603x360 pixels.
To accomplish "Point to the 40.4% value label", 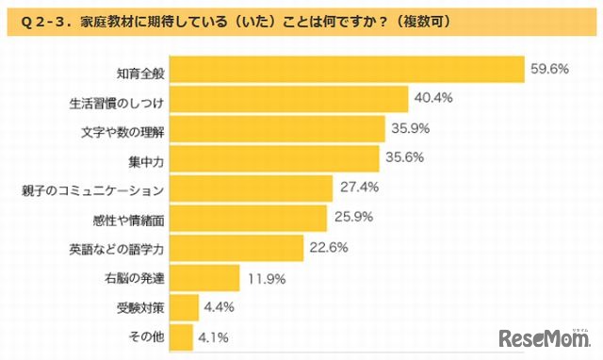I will pos(433,97).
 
